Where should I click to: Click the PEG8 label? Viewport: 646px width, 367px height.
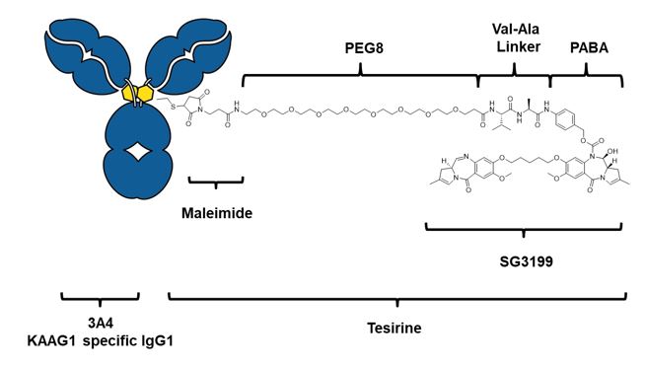click(x=364, y=48)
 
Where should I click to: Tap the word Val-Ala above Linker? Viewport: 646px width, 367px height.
click(x=516, y=30)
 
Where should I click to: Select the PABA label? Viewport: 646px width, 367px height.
click(x=589, y=48)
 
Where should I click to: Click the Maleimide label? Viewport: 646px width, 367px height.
click(x=217, y=213)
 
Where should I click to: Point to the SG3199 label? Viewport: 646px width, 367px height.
click(x=526, y=261)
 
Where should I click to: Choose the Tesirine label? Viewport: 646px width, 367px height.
click(x=395, y=329)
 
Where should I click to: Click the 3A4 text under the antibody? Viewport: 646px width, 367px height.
click(x=101, y=324)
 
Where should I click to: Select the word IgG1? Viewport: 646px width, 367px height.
click(x=158, y=341)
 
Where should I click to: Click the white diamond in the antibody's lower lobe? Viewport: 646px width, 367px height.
click(x=139, y=152)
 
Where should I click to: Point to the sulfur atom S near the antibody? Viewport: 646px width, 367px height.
click(x=173, y=108)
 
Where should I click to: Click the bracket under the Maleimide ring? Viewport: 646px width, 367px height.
click(x=216, y=183)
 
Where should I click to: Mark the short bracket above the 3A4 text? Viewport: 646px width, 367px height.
click(x=101, y=298)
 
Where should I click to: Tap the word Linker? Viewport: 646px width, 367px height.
click(x=519, y=46)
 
